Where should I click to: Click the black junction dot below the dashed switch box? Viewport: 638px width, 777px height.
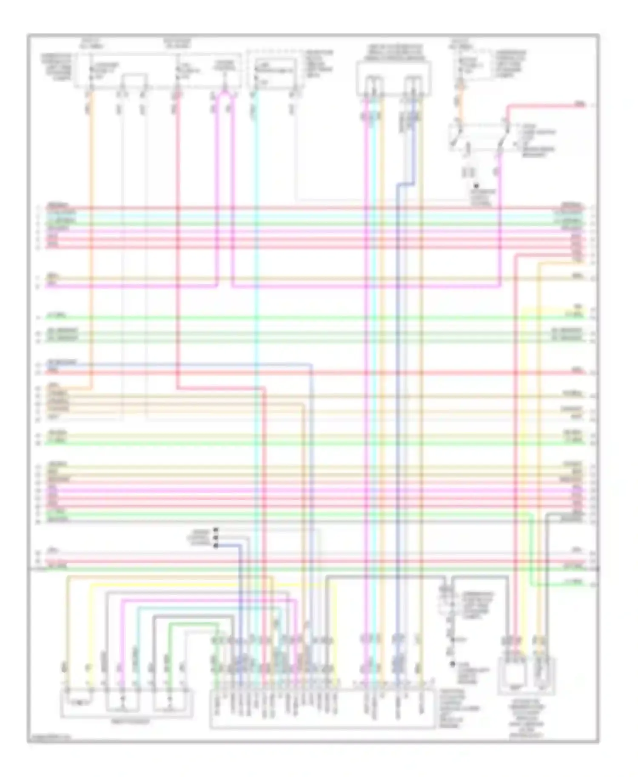477,186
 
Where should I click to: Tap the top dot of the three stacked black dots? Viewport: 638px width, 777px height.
216,530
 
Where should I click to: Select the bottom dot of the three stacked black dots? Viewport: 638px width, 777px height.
216,546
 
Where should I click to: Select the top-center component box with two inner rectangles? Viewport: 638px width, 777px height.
393,78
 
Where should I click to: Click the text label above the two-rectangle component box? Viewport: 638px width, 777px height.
393,51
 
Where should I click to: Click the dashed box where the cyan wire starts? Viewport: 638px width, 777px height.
275,70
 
